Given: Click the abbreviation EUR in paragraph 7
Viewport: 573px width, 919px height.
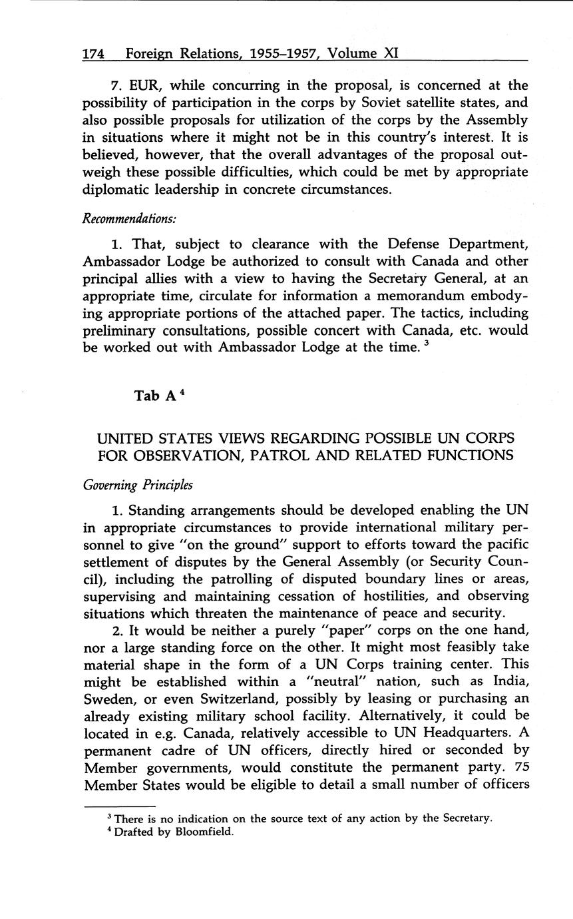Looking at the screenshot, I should [144, 85].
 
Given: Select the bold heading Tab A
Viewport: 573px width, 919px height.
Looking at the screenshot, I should [155, 396].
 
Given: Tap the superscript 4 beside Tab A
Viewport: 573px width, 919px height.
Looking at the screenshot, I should [182, 392].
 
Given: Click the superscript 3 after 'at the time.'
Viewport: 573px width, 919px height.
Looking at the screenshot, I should [425, 343].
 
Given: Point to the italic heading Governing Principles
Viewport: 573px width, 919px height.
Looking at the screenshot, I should [138, 485].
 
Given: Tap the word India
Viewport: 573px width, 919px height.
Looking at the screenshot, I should [509, 681].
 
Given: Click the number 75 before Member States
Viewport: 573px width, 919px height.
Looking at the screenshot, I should [521, 767].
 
